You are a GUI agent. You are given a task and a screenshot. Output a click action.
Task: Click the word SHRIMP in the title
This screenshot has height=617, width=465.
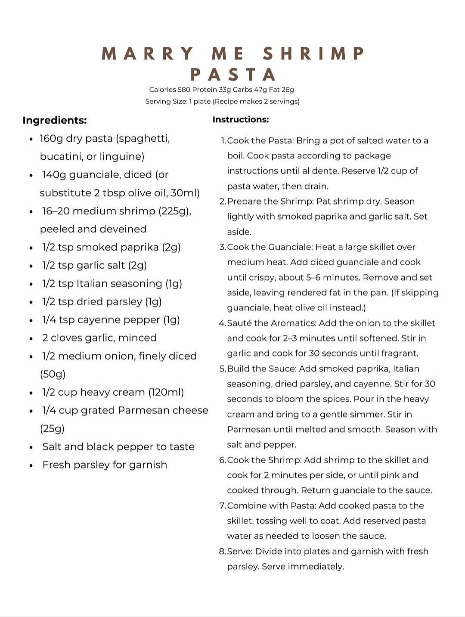tap(314, 54)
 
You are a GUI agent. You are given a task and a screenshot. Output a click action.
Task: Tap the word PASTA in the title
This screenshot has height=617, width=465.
tap(233, 75)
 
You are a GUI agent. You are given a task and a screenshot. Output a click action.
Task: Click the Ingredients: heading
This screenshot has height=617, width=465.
tap(55, 120)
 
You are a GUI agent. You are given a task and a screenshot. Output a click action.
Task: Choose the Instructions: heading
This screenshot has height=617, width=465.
tap(241, 120)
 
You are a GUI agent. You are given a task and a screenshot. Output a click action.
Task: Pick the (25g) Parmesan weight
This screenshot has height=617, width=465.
tap(53, 429)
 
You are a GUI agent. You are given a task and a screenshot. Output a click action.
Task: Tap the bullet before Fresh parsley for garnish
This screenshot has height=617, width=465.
tap(31, 465)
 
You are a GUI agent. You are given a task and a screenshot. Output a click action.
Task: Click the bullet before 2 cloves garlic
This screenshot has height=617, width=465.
tap(31, 338)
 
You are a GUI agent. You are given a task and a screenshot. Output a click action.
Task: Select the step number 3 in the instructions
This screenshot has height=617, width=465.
tap(222, 247)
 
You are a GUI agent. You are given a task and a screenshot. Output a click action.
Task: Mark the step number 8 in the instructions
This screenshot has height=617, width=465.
tap(222, 552)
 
